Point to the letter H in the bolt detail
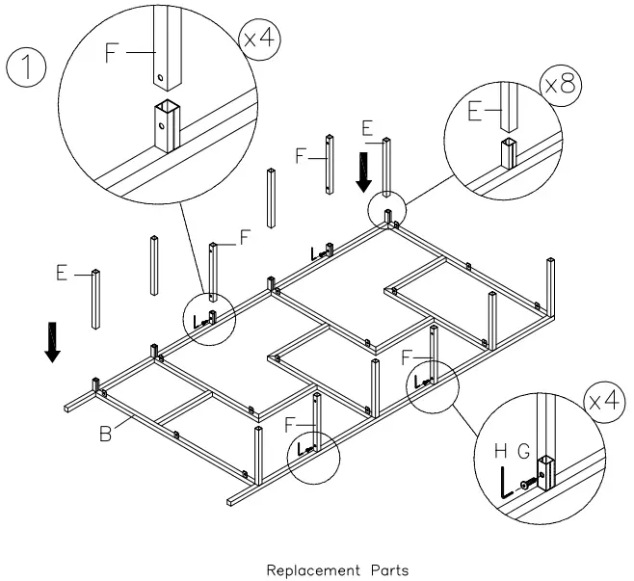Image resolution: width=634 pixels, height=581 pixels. (x=500, y=450)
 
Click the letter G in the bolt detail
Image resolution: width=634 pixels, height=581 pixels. (x=524, y=450)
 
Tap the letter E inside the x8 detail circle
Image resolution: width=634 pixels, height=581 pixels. (x=474, y=113)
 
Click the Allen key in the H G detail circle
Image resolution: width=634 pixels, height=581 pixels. (x=505, y=486)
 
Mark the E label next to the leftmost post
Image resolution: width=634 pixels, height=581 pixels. (x=61, y=275)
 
